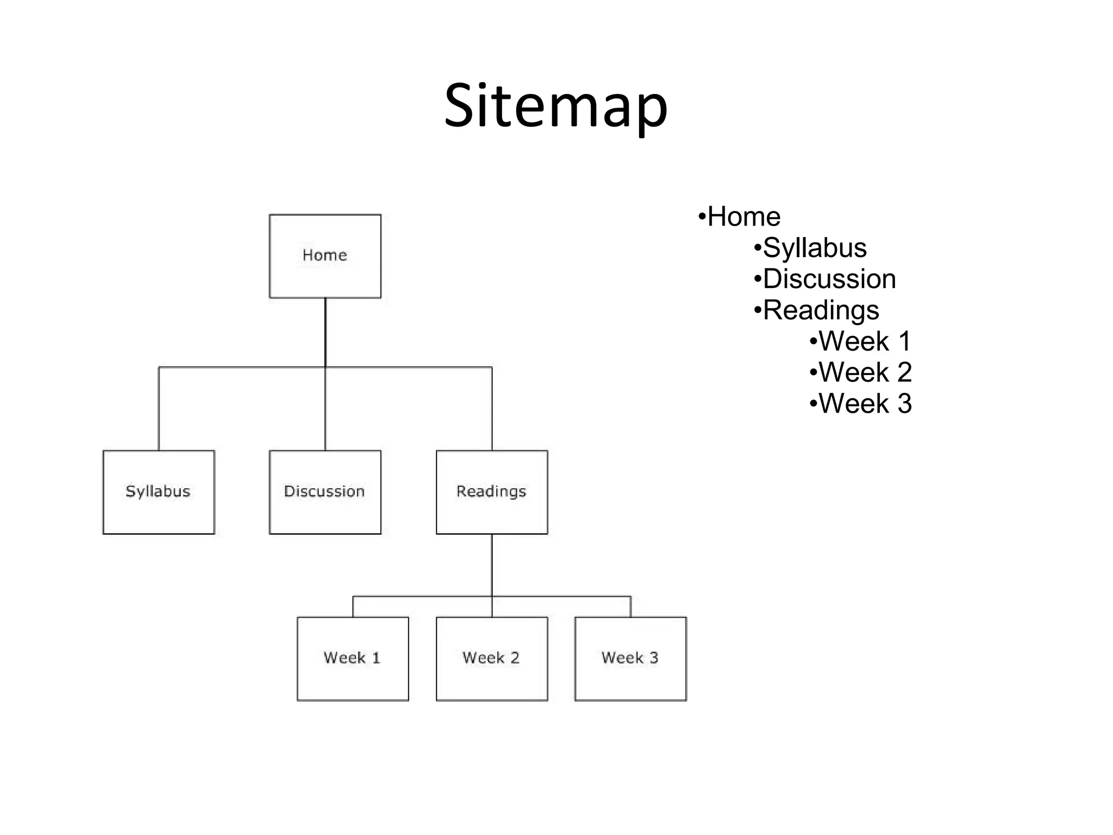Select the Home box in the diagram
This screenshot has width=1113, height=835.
(325, 256)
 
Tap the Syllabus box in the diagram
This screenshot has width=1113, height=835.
(159, 492)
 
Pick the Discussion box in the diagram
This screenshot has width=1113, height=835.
(325, 492)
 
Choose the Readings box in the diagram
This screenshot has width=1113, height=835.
(492, 492)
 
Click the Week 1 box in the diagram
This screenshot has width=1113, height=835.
(353, 658)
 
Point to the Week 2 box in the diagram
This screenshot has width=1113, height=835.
(492, 658)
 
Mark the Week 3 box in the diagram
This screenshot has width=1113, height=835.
(630, 658)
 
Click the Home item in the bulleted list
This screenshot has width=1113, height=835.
(743, 217)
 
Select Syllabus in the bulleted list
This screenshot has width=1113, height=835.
(814, 248)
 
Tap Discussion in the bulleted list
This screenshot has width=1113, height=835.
(829, 279)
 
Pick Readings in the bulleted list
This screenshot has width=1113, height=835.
(821, 310)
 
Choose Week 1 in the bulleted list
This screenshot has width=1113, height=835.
(864, 341)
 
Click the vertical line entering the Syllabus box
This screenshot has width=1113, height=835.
(159, 409)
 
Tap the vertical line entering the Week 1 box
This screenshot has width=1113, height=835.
(353, 607)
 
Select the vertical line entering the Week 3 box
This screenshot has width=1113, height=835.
(630, 607)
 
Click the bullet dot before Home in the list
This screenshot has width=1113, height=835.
(702, 217)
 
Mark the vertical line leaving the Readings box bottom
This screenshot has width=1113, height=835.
(492, 565)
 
